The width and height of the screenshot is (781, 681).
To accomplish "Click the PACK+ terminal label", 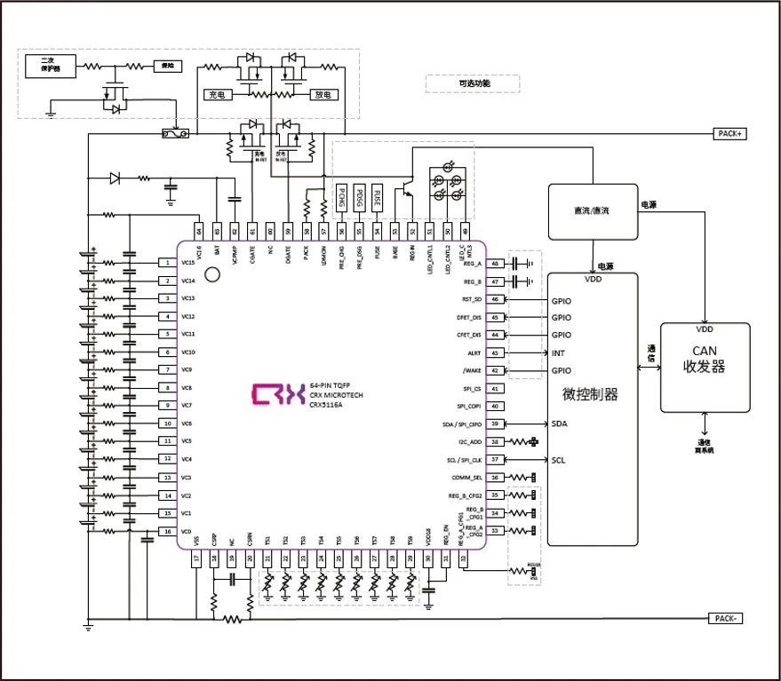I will [x=731, y=133].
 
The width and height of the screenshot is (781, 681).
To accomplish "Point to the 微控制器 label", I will [x=591, y=394].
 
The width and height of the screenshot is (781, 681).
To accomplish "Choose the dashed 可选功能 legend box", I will [x=474, y=84].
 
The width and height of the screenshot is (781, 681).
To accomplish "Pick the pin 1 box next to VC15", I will [x=167, y=263].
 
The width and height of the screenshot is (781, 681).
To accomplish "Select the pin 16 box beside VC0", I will [x=167, y=531].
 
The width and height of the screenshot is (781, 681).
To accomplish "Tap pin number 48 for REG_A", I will [x=495, y=264].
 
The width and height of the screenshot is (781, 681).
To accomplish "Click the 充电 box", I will [x=218, y=93].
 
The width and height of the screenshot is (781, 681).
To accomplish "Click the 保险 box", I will [x=166, y=66].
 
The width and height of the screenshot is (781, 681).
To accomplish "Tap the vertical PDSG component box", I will [x=360, y=198].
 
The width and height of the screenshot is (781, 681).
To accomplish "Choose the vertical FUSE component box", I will [x=378, y=198].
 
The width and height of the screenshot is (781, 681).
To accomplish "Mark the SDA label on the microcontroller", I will [x=560, y=424].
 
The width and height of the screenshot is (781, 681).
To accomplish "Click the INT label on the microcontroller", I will [x=558, y=353].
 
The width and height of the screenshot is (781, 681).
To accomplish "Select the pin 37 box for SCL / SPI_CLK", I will [x=495, y=460].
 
